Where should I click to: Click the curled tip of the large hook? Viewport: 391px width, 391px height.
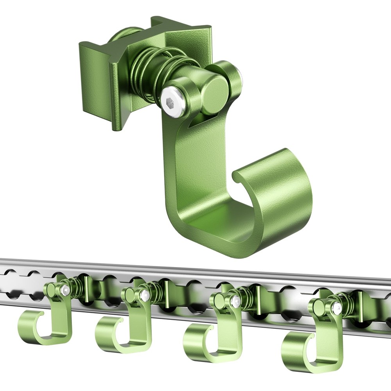(x=274, y=184)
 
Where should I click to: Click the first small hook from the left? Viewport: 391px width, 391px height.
(x=47, y=321)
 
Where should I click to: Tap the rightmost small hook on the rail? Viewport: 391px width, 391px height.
(x=313, y=344)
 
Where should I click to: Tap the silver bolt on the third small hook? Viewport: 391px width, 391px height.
(x=235, y=301)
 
